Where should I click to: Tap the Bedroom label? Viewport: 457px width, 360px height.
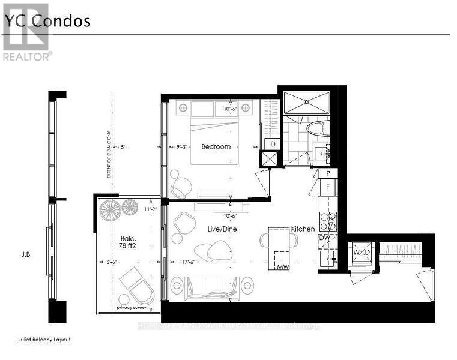(x=216, y=146)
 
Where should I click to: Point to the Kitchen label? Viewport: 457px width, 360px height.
(x=303, y=229)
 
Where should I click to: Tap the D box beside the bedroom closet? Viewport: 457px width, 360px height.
(x=273, y=144)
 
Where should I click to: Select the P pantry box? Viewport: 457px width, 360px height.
(x=327, y=173)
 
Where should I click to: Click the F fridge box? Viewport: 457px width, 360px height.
(x=327, y=187)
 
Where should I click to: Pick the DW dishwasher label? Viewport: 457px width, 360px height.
(x=324, y=238)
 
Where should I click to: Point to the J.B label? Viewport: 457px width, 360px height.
(x=25, y=254)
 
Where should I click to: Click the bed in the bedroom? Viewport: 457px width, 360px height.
(x=215, y=135)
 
